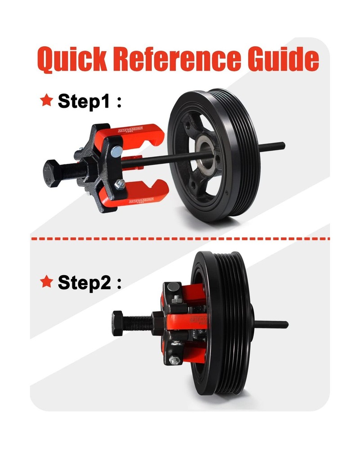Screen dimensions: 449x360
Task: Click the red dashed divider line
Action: click(x=180, y=238)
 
